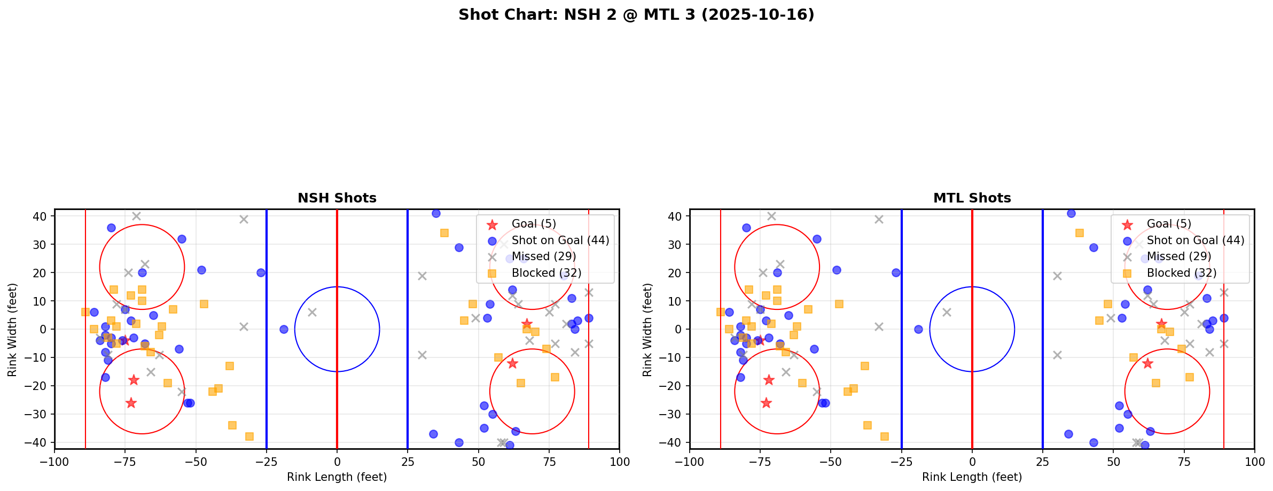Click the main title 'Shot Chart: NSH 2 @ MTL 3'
pos(636,15)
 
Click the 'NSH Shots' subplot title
pos(337,198)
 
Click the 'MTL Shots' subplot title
pos(972,198)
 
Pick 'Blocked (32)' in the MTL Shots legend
pos(1181,273)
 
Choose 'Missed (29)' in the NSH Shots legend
pos(543,256)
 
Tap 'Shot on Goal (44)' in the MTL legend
pos(1195,240)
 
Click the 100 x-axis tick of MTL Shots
pos(1254,462)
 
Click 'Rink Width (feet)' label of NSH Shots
pos(12,329)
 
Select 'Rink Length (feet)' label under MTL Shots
pos(972,477)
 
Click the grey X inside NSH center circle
pos(312,312)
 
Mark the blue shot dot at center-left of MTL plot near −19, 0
pos(918,329)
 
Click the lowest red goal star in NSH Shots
pos(131,403)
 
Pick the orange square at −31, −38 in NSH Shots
pos(249,437)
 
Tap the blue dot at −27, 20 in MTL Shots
pos(896,272)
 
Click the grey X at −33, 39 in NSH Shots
pos(244,219)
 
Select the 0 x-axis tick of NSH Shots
pos(337,462)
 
